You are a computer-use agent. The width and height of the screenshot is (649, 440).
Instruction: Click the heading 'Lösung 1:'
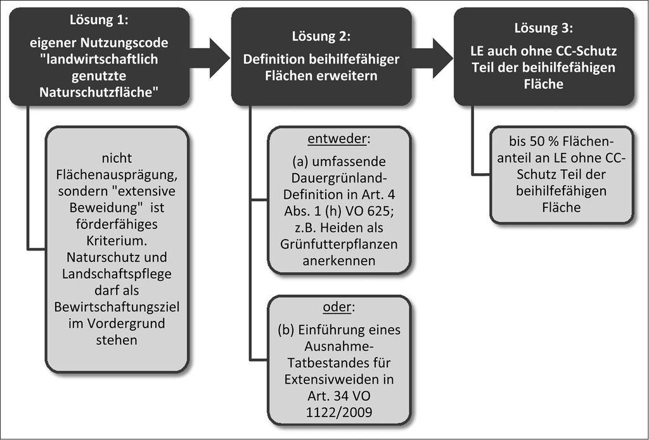tap(99, 20)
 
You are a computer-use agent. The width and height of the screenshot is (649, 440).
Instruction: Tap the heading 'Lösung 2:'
tap(321, 36)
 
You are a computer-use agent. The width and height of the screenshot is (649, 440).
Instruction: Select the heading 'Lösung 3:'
tap(544, 28)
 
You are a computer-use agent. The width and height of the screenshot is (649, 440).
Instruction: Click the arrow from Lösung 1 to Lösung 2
tap(209, 58)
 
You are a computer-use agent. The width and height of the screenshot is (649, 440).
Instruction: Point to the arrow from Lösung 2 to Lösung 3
tap(432, 58)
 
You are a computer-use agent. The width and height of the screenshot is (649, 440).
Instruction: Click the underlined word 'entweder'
tap(337, 139)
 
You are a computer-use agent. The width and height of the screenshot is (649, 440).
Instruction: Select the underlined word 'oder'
tap(337, 307)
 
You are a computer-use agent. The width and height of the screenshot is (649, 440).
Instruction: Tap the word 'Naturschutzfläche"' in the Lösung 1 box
tap(100, 93)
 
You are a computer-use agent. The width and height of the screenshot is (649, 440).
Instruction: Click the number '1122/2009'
tap(339, 412)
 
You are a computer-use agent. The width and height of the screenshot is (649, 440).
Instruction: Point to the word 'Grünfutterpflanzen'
tap(339, 244)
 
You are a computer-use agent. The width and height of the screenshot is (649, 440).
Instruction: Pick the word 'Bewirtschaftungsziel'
tap(117, 307)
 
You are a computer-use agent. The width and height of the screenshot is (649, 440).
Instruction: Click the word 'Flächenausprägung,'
tap(117, 175)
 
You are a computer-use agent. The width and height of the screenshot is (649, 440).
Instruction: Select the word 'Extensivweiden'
tap(339, 379)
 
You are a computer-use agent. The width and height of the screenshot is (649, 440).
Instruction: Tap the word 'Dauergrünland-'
tap(339, 178)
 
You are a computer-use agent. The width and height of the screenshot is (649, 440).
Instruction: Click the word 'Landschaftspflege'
tap(117, 274)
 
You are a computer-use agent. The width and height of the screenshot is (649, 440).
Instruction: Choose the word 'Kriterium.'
tap(117, 240)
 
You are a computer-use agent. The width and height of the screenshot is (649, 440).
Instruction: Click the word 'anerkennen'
tap(339, 261)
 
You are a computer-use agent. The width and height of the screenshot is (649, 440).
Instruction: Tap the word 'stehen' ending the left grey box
tap(117, 340)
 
